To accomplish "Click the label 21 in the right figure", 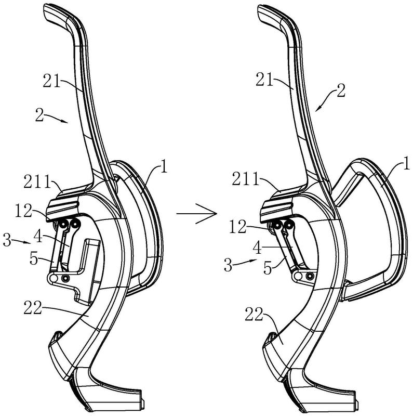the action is pyautogui.click(x=264, y=79).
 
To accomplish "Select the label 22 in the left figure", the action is pyautogui.click(x=33, y=307).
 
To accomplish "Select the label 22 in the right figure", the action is pyautogui.click(x=254, y=314).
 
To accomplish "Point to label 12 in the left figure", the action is pyautogui.click(x=23, y=211).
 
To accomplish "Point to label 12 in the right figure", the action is pyautogui.click(x=238, y=227).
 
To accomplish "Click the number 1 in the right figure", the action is pyautogui.click(x=406, y=163).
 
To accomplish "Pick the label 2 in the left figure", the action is pyautogui.click(x=39, y=115).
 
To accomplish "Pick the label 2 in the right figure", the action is pyautogui.click(x=341, y=90).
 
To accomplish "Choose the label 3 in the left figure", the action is pyautogui.click(x=7, y=240).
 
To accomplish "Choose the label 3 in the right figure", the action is pyautogui.click(x=228, y=265).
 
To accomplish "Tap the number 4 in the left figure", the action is pyautogui.click(x=38, y=237).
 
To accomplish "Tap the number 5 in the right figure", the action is pyautogui.click(x=268, y=268).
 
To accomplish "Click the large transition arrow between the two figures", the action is pyautogui.click(x=197, y=213).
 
